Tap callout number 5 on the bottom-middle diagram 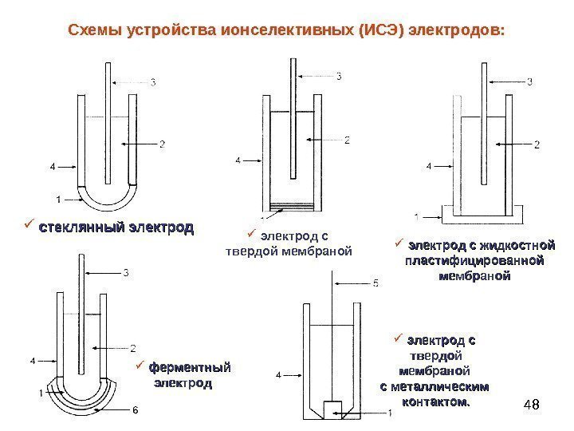375,283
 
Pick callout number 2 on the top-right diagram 537,144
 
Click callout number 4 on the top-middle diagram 238,161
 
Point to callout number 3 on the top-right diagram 530,80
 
